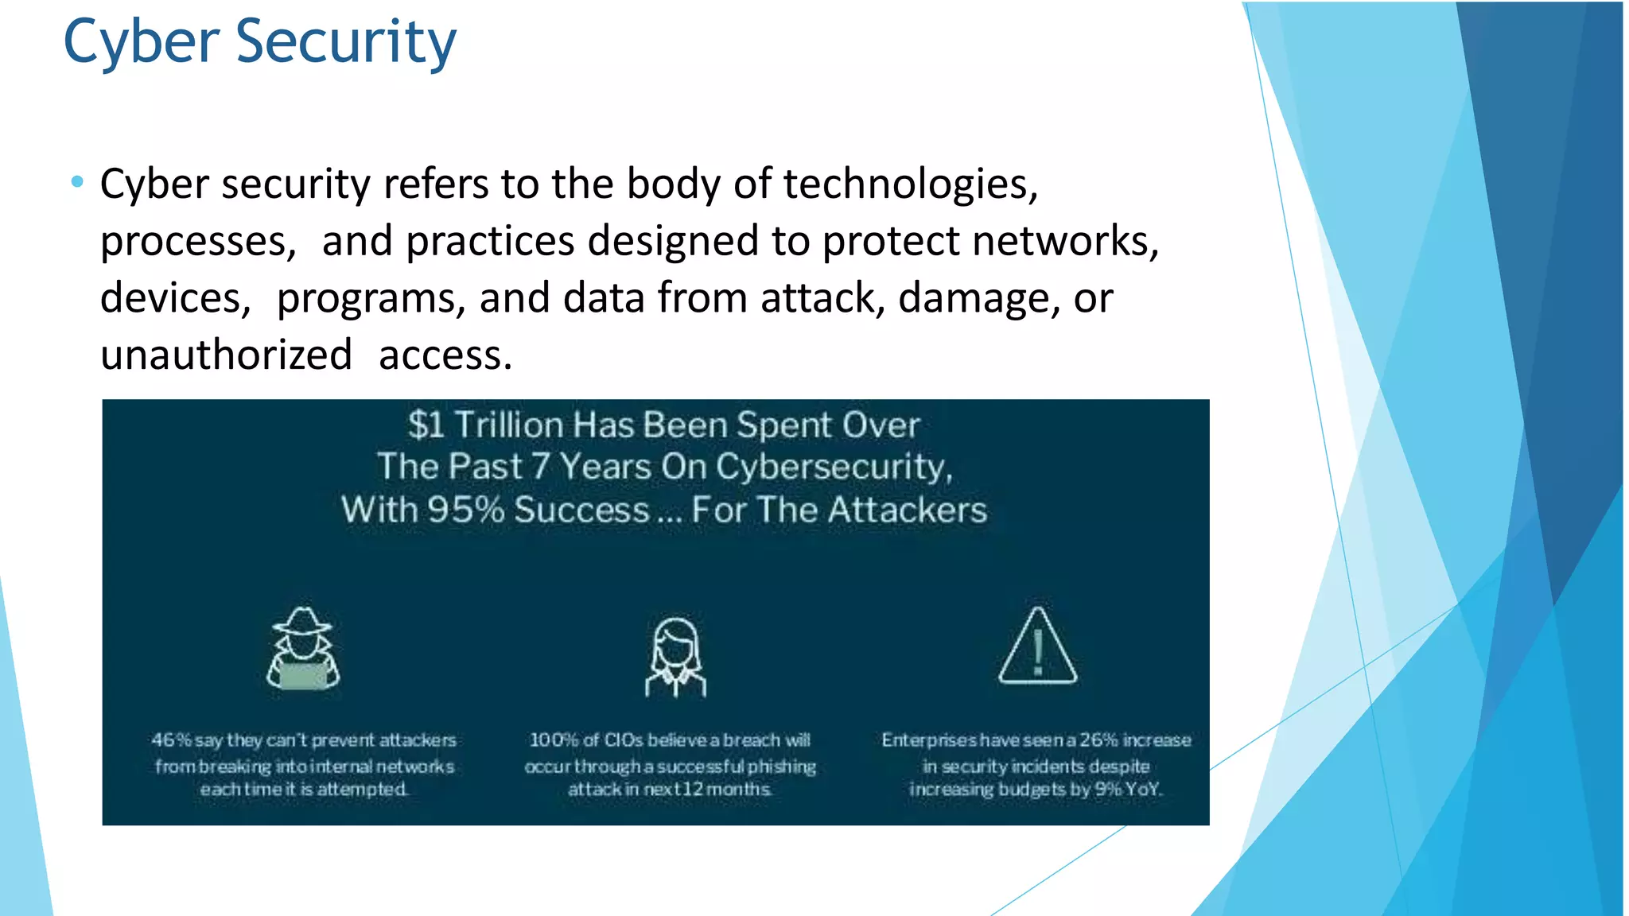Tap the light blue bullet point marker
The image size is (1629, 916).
[77, 182]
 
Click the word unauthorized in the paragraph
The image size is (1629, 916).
[226, 355]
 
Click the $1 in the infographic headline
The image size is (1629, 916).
[426, 425]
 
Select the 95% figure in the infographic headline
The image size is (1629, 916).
[465, 510]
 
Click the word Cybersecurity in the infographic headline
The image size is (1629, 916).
[833, 467]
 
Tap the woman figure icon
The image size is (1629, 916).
[675, 657]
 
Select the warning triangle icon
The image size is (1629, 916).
[1037, 646]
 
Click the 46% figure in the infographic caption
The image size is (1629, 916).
[171, 740]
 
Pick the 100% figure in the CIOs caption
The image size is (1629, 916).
[554, 740]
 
